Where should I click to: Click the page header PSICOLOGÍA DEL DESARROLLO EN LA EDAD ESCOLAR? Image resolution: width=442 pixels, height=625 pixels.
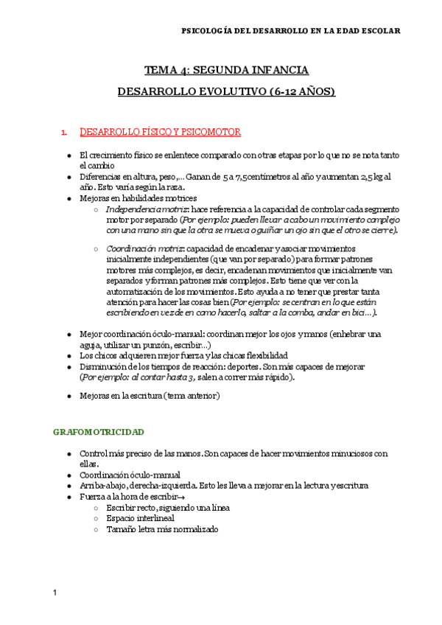(291, 31)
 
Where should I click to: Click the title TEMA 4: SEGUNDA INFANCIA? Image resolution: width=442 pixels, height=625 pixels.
(226, 71)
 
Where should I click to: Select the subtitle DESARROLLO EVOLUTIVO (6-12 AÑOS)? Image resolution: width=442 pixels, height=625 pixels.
(226, 92)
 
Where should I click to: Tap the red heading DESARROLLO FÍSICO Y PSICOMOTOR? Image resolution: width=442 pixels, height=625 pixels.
(159, 132)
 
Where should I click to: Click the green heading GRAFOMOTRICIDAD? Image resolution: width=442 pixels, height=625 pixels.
(99, 431)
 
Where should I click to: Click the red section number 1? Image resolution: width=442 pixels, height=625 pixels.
(65, 132)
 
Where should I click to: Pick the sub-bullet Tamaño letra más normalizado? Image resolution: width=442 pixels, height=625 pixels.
(162, 528)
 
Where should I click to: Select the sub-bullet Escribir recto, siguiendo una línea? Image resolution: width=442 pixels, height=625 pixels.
(168, 508)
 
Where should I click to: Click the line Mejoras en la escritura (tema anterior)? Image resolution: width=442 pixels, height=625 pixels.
(149, 395)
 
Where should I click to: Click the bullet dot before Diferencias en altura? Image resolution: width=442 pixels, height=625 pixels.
(69, 177)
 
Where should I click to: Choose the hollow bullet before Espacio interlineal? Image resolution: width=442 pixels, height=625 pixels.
(97, 518)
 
